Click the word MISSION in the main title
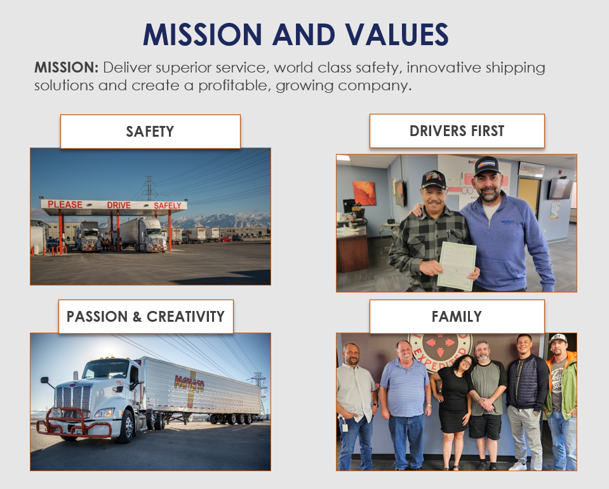tap(203, 34)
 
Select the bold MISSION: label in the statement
tap(66, 67)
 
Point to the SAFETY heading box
tap(150, 132)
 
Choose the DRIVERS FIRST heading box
tap(457, 131)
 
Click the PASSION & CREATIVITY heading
tap(145, 316)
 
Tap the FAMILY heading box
tap(457, 316)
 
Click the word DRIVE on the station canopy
tap(119, 205)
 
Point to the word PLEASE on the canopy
tap(65, 205)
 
